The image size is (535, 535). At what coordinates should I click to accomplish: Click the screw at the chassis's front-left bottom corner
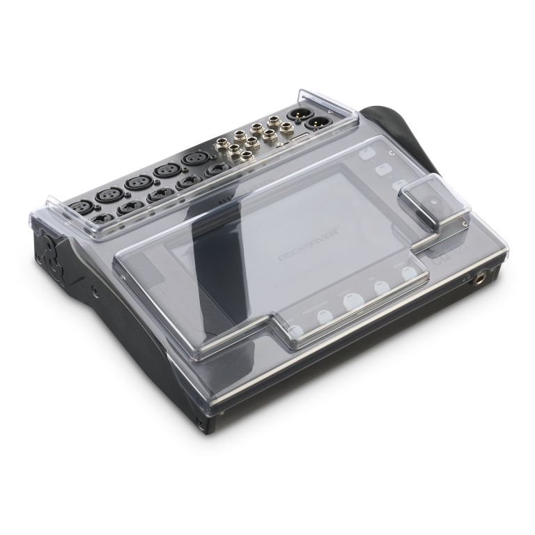click(201, 422)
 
